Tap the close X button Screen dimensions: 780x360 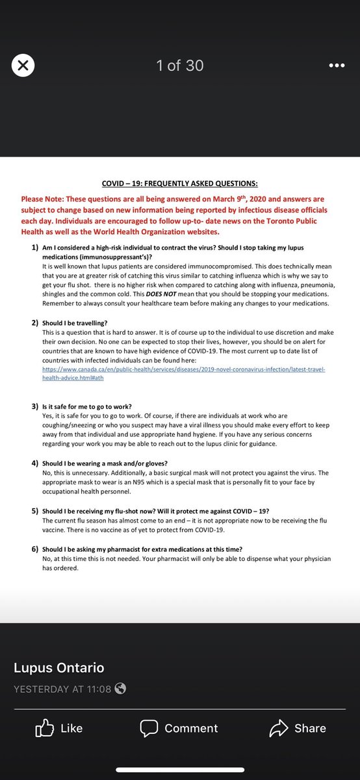[x=23, y=66]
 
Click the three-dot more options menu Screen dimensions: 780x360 [x=336, y=66]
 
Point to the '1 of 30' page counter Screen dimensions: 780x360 [x=180, y=66]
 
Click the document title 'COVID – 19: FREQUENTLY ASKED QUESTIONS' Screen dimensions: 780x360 [x=179, y=184]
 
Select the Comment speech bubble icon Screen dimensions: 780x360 [x=149, y=728]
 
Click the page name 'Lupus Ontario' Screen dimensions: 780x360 [x=58, y=668]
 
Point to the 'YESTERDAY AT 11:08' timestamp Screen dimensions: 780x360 [x=62, y=689]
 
